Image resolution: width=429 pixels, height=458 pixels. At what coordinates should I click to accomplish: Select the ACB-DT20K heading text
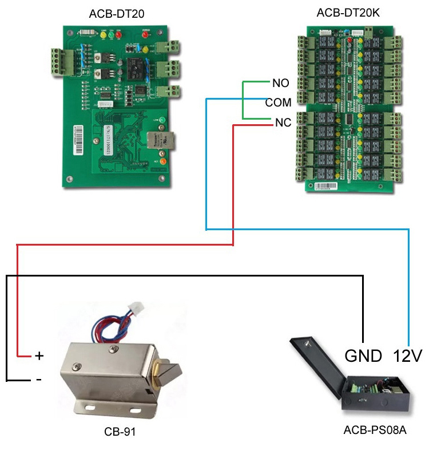[x=348, y=13]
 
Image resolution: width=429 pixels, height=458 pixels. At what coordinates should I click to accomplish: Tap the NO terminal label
[x=281, y=83]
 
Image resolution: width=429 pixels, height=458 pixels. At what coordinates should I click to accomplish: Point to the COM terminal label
[x=279, y=103]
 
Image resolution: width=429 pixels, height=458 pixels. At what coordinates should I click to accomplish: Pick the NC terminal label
[x=283, y=123]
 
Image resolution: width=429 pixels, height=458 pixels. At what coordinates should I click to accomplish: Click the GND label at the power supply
[x=363, y=356]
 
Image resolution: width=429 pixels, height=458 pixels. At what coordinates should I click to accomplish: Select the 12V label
[x=407, y=356]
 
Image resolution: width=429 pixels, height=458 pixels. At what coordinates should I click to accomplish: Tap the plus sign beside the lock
[x=39, y=356]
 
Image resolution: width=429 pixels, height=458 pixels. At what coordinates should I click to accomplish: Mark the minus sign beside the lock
[x=38, y=379]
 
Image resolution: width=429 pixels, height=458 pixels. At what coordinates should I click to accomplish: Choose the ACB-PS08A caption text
[x=375, y=430]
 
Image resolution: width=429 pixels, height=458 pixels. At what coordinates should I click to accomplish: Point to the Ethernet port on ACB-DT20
[x=162, y=139]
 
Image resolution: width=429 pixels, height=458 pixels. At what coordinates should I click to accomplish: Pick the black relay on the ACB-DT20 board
[x=136, y=64]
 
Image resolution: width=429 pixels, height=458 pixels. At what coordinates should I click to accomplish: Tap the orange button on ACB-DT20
[x=163, y=161]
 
